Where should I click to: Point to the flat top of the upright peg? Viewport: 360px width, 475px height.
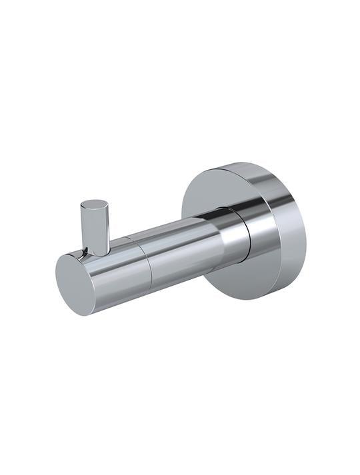94,203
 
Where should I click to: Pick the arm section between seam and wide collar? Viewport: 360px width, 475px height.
187,243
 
